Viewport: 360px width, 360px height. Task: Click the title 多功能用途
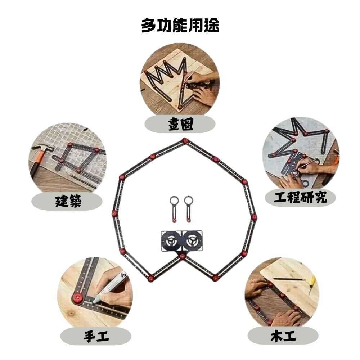[180, 26]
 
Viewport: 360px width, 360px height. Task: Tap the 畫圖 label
[180, 125]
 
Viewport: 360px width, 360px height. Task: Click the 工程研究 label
[300, 197]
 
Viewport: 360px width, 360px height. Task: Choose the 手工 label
[96, 337]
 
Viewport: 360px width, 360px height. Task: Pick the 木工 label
[283, 337]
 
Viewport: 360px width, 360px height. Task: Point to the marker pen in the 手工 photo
[110, 288]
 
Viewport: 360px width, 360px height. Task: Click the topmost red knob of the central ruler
[185, 140]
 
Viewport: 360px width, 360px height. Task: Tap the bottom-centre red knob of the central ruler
[183, 256]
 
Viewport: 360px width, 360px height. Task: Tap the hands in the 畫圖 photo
[200, 88]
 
